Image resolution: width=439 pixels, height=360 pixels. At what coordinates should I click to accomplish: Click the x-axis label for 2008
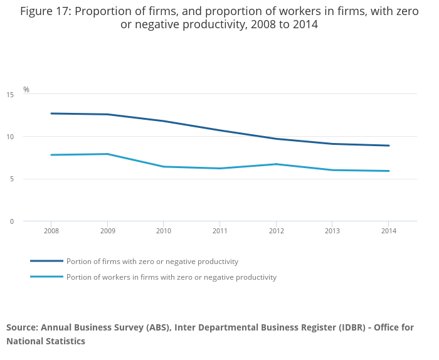click(x=51, y=231)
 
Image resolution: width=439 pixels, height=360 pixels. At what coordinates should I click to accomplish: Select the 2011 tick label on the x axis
click(x=220, y=231)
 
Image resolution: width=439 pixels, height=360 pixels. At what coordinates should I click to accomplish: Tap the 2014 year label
click(x=389, y=231)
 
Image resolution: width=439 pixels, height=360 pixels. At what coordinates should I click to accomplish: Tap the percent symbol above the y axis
click(x=26, y=90)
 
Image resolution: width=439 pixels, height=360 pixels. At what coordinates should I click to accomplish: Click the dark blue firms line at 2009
click(x=108, y=114)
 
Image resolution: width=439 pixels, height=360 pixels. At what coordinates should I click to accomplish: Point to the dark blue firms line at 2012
click(x=277, y=139)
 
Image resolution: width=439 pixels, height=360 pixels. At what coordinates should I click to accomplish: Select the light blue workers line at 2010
click(x=164, y=166)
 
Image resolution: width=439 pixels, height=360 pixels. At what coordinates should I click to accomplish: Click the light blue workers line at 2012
click(x=277, y=164)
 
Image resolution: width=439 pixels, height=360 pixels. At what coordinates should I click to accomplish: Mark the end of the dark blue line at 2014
click(x=389, y=146)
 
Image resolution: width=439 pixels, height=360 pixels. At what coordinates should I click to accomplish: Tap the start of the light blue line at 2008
click(x=51, y=155)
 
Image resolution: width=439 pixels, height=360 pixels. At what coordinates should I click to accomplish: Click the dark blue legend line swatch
click(x=46, y=261)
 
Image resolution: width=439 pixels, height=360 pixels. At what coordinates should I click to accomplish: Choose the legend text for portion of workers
click(x=171, y=277)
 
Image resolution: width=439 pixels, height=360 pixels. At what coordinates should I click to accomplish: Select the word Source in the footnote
click(x=22, y=327)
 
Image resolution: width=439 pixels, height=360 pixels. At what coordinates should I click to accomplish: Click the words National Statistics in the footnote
click(x=46, y=341)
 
